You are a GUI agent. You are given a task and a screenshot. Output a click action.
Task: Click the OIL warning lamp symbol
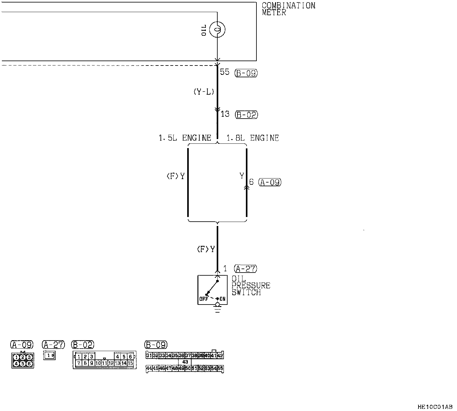tap(217, 30)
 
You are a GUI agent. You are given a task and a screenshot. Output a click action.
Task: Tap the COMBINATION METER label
tap(288, 9)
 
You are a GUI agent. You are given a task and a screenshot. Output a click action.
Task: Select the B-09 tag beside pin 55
tap(246, 73)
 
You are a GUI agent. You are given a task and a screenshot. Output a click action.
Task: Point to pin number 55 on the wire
tap(224, 72)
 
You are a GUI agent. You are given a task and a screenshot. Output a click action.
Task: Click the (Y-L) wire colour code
tap(203, 92)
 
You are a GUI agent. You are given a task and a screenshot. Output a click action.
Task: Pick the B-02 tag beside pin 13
tap(247, 115)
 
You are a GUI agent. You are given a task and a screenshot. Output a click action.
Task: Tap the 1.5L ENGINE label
tap(185, 138)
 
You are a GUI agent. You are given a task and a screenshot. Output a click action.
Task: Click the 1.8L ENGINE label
tap(253, 138)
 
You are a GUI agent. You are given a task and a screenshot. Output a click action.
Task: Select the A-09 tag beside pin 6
tap(270, 182)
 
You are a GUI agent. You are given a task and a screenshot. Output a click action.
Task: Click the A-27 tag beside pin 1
tap(246, 269)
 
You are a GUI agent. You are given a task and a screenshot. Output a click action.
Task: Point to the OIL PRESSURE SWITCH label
tap(251, 286)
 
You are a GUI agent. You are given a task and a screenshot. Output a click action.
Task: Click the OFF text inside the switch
tap(204, 299)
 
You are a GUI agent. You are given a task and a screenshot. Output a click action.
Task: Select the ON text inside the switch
tap(223, 299)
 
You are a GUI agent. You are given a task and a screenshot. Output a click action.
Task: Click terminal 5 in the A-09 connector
tap(23, 364)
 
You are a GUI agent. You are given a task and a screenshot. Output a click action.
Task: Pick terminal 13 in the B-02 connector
tap(117, 363)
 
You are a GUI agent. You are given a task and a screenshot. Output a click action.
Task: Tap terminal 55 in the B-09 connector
tap(220, 368)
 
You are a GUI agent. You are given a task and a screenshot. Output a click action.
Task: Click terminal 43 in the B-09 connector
tap(185, 362)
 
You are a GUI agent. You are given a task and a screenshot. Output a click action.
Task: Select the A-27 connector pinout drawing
tap(50, 355)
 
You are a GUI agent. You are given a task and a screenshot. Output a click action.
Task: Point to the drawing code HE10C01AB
tap(435, 406)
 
